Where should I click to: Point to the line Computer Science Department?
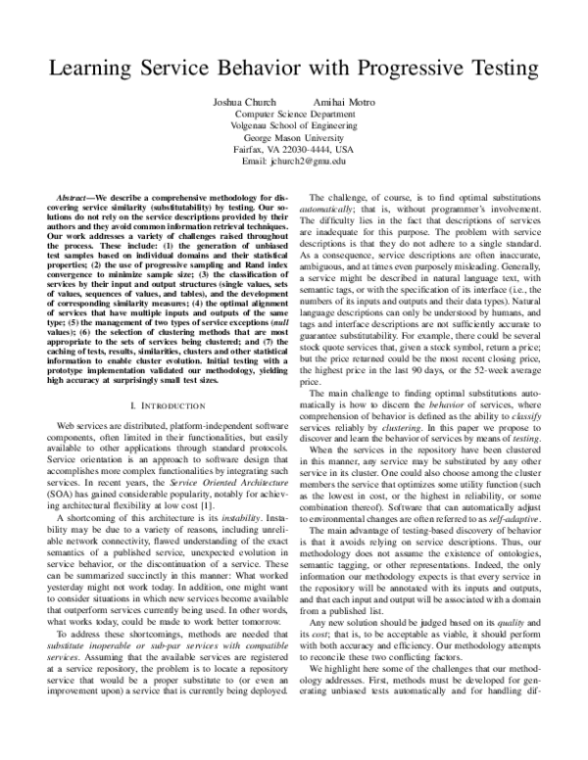tap(293, 114)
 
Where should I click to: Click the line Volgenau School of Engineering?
tap(293, 125)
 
